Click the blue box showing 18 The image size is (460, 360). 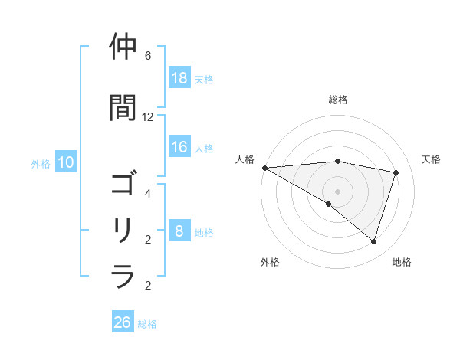click(x=179, y=79)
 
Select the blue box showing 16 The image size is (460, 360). click(x=179, y=148)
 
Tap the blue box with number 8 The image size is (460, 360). click(x=179, y=232)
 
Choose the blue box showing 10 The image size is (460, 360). click(x=66, y=162)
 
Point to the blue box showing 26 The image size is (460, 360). click(x=123, y=323)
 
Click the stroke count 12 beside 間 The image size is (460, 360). click(x=148, y=117)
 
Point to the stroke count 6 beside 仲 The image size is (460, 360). click(x=148, y=56)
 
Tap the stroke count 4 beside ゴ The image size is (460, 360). click(x=148, y=194)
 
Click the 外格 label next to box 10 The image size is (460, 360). click(x=41, y=163)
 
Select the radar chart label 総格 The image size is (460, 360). click(x=338, y=100)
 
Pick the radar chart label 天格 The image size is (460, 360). click(x=431, y=159)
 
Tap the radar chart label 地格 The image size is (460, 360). click(x=402, y=262)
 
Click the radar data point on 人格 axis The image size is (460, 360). click(x=264, y=167)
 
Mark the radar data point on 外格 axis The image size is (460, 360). click(x=329, y=204)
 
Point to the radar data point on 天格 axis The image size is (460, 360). click(x=396, y=172)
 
